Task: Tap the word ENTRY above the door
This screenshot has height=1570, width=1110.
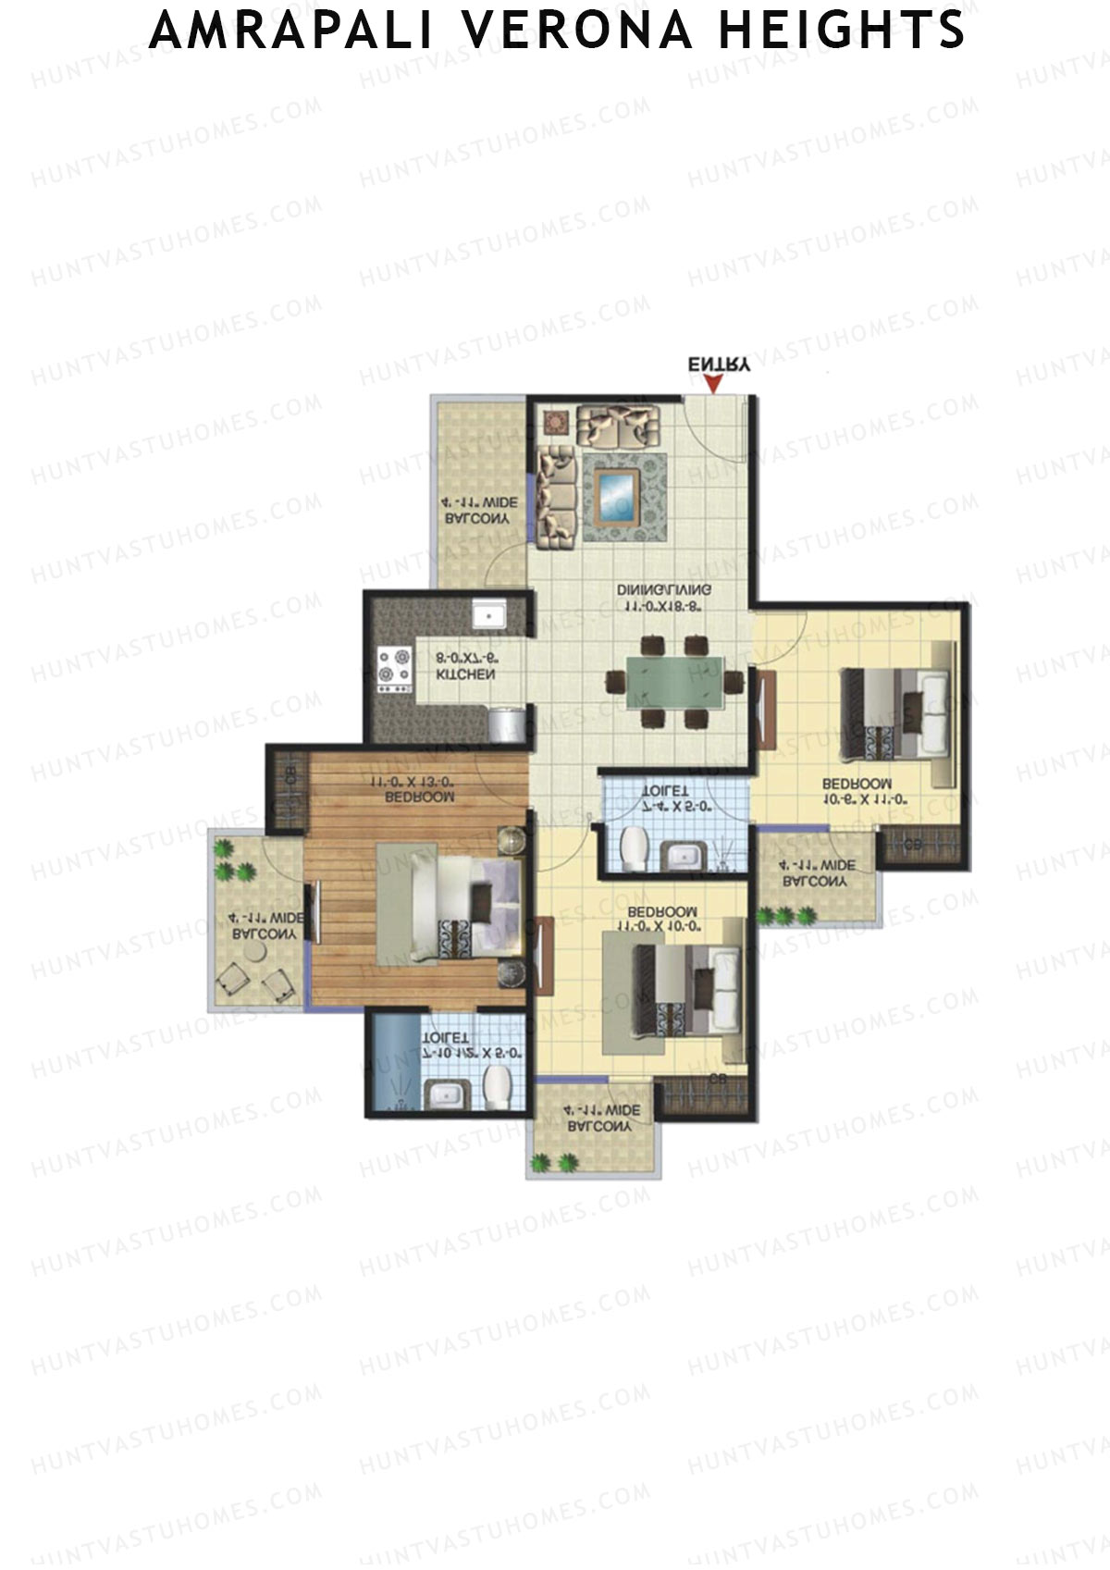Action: (719, 364)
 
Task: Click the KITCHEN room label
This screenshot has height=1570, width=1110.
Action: (465, 674)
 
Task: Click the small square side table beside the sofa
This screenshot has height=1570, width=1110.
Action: (556, 422)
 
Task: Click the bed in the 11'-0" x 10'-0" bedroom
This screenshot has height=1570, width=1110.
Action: (688, 994)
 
